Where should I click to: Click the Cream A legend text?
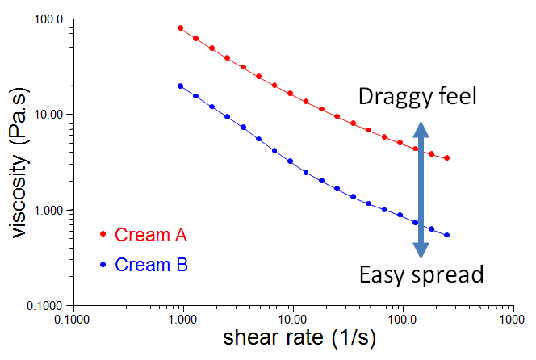tap(151, 235)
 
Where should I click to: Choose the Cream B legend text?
tap(151, 264)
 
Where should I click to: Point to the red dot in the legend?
tap(103, 235)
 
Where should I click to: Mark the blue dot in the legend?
tap(103, 264)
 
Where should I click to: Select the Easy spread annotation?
tap(421, 275)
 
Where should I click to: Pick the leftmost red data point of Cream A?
tap(180, 28)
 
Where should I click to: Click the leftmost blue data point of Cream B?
tap(180, 86)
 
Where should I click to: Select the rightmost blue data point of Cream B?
tap(447, 235)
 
